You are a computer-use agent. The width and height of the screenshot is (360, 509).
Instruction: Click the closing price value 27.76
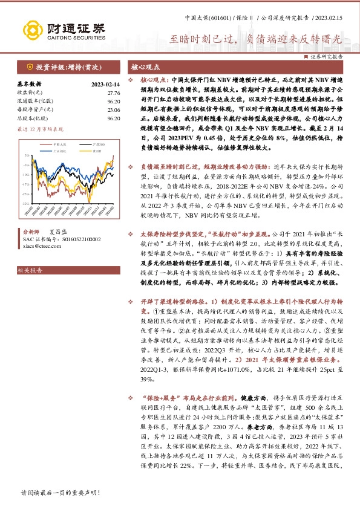[113, 93]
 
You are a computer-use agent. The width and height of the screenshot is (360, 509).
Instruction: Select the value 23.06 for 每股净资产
[113, 110]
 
